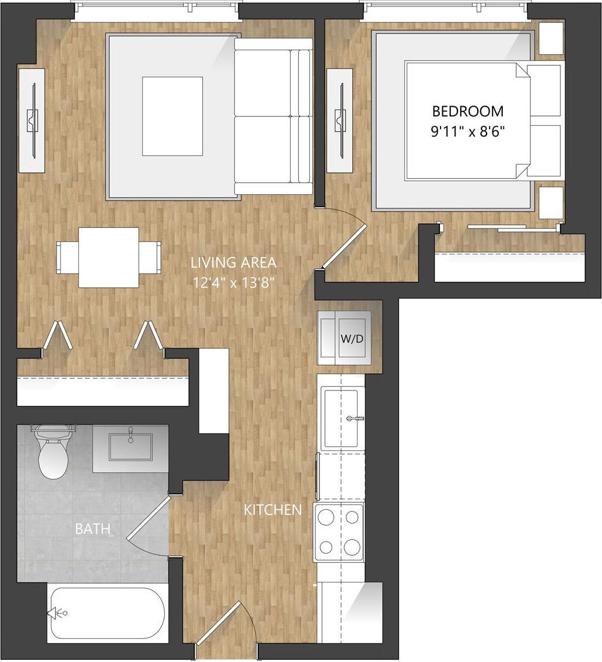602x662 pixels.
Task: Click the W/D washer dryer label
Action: click(352, 338)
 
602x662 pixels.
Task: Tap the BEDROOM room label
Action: click(468, 111)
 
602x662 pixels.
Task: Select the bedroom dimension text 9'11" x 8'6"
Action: click(468, 131)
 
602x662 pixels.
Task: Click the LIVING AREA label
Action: click(234, 263)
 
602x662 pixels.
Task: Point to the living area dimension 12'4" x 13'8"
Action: click(234, 283)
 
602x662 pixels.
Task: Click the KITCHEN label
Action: click(273, 510)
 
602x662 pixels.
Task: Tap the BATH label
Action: click(92, 529)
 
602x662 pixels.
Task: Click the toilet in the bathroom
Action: click(54, 456)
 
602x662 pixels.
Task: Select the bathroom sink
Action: click(130, 446)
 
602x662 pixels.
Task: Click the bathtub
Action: click(107, 612)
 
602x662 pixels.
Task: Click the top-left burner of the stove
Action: click(326, 517)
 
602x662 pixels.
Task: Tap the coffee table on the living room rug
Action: click(172, 116)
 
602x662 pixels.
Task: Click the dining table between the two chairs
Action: click(108, 257)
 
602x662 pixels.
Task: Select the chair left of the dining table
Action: click(67, 257)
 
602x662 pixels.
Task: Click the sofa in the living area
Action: click(273, 116)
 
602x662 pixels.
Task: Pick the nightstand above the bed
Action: click(551, 39)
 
